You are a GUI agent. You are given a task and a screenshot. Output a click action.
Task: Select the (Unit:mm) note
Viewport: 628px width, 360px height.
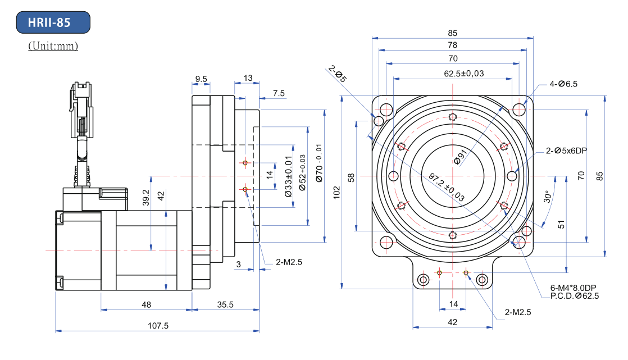click(x=53, y=45)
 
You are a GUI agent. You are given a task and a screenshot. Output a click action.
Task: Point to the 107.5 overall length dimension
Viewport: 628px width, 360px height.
click(x=158, y=326)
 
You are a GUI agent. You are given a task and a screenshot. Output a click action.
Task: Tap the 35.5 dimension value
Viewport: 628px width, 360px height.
click(x=225, y=304)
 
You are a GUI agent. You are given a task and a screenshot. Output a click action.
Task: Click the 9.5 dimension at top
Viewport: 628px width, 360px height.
click(x=201, y=79)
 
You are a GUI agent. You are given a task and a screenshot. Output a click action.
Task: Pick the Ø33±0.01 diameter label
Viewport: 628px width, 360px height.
click(x=288, y=176)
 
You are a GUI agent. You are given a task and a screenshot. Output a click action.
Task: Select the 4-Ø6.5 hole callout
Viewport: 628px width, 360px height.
click(x=563, y=84)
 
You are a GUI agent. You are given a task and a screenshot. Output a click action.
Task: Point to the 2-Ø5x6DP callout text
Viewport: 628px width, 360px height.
click(x=566, y=151)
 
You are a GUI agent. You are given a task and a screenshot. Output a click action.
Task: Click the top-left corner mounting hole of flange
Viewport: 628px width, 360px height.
click(x=386, y=110)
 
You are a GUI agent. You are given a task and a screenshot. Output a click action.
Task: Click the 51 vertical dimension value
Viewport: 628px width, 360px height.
click(x=561, y=224)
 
